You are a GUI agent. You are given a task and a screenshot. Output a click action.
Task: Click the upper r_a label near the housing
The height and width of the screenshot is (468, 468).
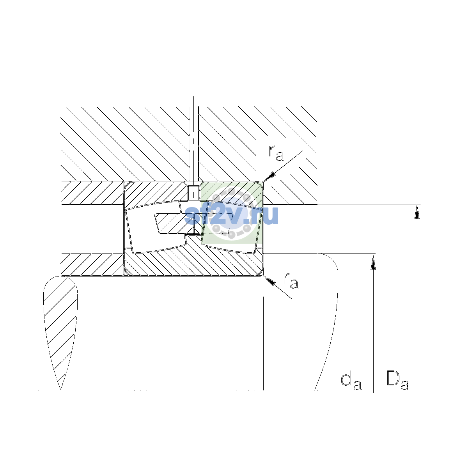point(276,153)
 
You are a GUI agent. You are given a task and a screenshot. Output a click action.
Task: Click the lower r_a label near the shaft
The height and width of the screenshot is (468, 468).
point(291,281)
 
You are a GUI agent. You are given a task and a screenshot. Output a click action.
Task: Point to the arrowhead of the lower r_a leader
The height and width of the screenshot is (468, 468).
point(269,280)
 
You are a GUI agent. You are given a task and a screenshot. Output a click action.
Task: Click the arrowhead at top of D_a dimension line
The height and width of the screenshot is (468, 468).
point(417,211)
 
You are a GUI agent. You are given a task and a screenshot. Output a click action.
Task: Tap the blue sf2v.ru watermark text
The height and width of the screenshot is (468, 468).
point(231,215)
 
